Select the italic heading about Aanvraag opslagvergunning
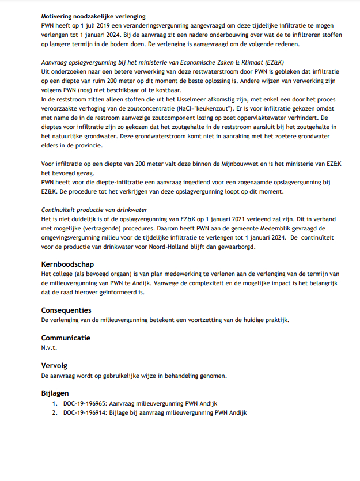click(162, 62)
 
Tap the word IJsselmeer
click(184, 99)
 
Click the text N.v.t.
click(50, 347)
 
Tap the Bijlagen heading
click(56, 393)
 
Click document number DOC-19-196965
click(85, 403)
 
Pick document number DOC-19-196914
click(85, 412)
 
